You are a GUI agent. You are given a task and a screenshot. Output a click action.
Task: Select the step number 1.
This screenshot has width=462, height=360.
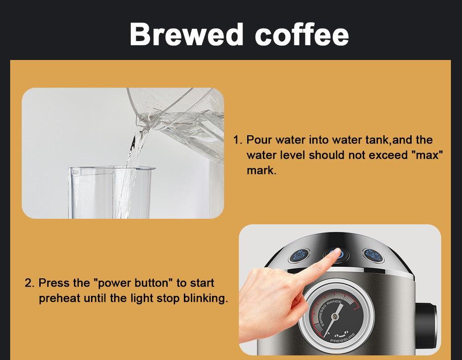coord(237,140)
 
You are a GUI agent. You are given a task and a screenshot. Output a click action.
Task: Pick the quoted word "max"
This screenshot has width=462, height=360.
coord(426,155)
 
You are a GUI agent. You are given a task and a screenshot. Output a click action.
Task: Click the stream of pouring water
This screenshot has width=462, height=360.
coord(131,157)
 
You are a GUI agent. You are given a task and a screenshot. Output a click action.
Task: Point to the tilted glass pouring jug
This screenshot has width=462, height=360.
coord(185,115)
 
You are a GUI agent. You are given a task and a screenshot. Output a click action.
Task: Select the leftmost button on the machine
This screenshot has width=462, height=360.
coord(299,255)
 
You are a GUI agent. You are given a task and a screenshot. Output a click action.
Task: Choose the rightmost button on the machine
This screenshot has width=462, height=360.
coord(373,255)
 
